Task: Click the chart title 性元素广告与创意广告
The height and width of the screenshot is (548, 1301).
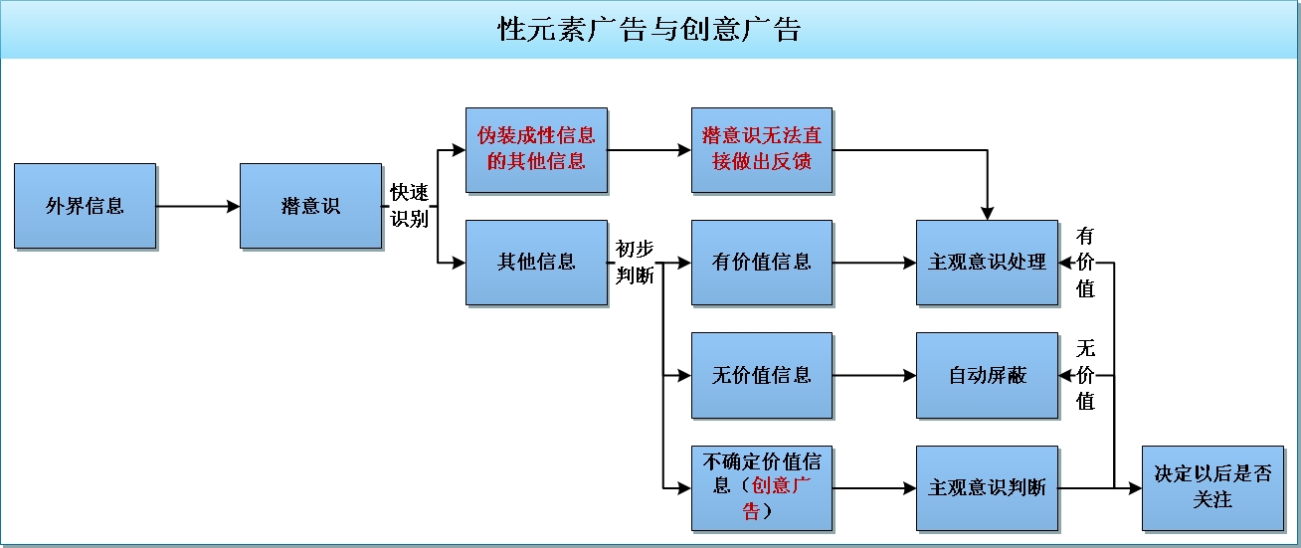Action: coord(650,29)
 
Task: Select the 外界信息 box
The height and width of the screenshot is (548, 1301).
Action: coord(85,206)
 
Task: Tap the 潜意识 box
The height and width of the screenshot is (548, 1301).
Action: coord(310,206)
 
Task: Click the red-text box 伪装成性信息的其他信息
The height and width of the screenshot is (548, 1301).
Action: coord(537,150)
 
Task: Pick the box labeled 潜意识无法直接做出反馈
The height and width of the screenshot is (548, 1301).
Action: coord(762,150)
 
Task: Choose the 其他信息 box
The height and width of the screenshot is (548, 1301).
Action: coord(537,263)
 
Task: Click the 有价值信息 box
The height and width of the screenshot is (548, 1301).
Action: coord(762,263)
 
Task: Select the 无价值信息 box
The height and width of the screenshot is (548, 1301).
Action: coord(762,376)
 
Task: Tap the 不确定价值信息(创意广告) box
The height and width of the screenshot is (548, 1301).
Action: coord(762,488)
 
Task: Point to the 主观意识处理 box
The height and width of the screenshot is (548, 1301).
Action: coord(988,263)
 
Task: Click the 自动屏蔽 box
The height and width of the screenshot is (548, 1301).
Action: coord(988,376)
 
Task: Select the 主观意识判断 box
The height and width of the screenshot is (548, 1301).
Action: coord(988,488)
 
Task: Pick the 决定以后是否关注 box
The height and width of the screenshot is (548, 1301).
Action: coord(1212,488)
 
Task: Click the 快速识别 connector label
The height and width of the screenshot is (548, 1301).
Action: coord(410,206)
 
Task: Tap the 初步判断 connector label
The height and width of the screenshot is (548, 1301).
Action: coord(635,262)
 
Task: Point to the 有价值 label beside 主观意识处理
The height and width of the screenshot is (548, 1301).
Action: coord(1085,262)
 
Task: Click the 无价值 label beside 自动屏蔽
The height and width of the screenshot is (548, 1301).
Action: coord(1085,375)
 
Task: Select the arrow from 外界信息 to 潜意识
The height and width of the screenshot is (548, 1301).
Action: coord(198,206)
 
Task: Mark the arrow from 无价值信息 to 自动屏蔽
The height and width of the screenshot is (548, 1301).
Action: coord(874,376)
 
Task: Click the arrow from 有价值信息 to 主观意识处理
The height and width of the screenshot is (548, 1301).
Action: coord(874,263)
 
